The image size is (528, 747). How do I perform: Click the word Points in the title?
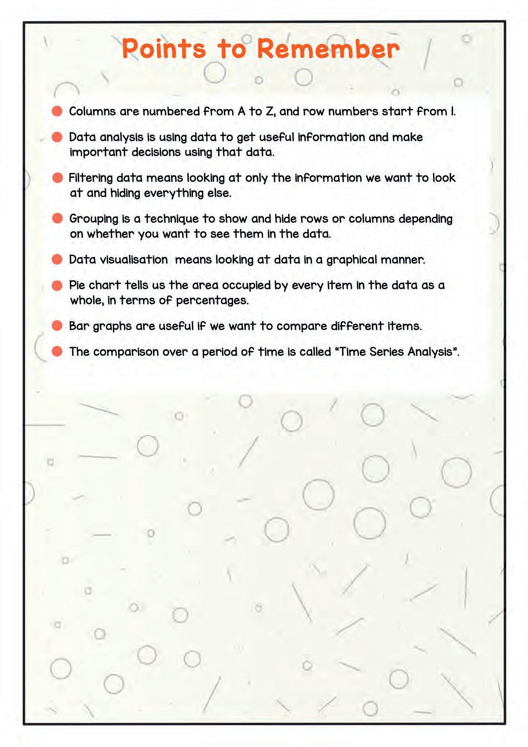(164, 49)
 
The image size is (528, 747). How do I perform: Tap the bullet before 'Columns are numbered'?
(57, 112)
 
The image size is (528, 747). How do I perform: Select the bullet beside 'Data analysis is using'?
(57, 137)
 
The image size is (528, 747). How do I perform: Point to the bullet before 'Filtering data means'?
(57, 178)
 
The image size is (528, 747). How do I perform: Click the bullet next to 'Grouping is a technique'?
(57, 218)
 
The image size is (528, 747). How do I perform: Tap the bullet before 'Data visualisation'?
(57, 259)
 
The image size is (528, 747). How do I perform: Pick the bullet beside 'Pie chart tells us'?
(57, 285)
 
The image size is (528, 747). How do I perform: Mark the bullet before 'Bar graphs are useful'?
(57, 326)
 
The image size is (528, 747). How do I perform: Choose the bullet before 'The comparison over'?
(57, 351)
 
